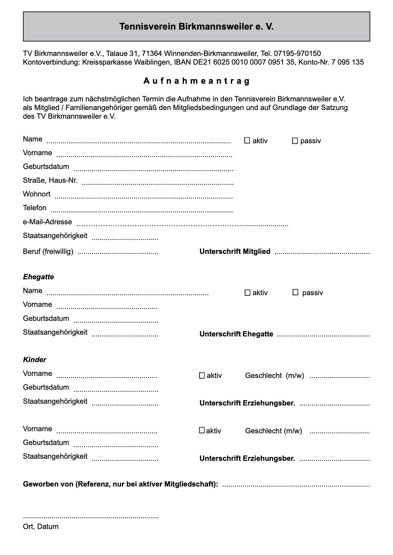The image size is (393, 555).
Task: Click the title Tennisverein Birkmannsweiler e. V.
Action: point(196,27)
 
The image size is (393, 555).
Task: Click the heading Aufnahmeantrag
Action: point(196,81)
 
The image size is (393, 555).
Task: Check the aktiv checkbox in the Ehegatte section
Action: point(247,293)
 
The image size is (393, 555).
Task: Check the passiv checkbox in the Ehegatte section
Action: point(295,292)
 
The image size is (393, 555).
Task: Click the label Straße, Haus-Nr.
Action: point(50,180)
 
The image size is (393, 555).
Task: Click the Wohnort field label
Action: point(37,194)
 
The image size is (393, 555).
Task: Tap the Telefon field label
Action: point(34,208)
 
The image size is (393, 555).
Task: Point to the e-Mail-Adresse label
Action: point(47,222)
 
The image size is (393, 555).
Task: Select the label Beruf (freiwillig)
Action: point(48,251)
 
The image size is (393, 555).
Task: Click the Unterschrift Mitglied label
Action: point(235,251)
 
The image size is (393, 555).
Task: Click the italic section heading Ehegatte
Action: point(38,277)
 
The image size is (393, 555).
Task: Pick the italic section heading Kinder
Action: point(34,360)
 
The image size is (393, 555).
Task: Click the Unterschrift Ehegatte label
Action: point(236,334)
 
